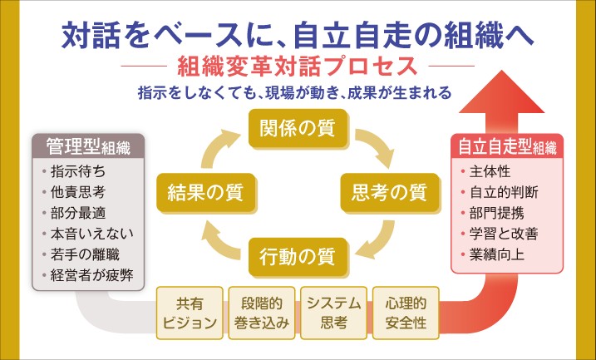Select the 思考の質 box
(383, 193)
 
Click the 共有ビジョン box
(190, 313)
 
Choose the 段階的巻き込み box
(261, 313)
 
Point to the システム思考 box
(332, 313)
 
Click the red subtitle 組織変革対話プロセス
(298, 64)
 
